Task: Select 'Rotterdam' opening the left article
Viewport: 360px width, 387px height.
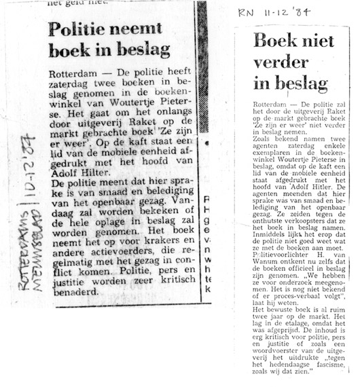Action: [x=72, y=73]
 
